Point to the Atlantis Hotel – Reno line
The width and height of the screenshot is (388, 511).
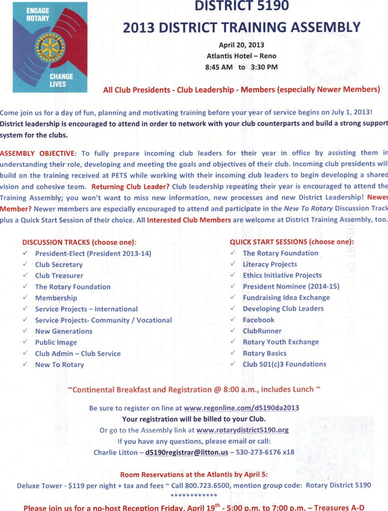(x=241, y=55)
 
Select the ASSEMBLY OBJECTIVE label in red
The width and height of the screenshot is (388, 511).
(x=37, y=152)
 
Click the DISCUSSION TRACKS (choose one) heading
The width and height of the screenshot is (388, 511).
(x=79, y=242)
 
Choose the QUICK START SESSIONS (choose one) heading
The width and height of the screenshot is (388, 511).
(x=291, y=242)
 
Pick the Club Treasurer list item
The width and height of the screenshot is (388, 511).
(x=59, y=275)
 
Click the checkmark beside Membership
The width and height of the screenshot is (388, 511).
(x=25, y=298)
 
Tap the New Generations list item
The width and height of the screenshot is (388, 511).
(x=63, y=331)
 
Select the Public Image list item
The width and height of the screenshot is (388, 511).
(x=56, y=342)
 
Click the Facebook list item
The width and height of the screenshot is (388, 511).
(x=258, y=320)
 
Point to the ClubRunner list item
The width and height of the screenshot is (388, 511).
(x=262, y=331)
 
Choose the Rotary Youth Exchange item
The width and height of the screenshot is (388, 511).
(x=280, y=342)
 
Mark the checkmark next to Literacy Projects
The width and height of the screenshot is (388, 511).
(x=233, y=264)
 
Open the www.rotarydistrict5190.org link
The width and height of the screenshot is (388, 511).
(x=242, y=430)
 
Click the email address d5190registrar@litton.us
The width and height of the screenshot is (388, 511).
(x=186, y=452)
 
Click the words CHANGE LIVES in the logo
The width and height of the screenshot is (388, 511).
(x=61, y=80)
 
